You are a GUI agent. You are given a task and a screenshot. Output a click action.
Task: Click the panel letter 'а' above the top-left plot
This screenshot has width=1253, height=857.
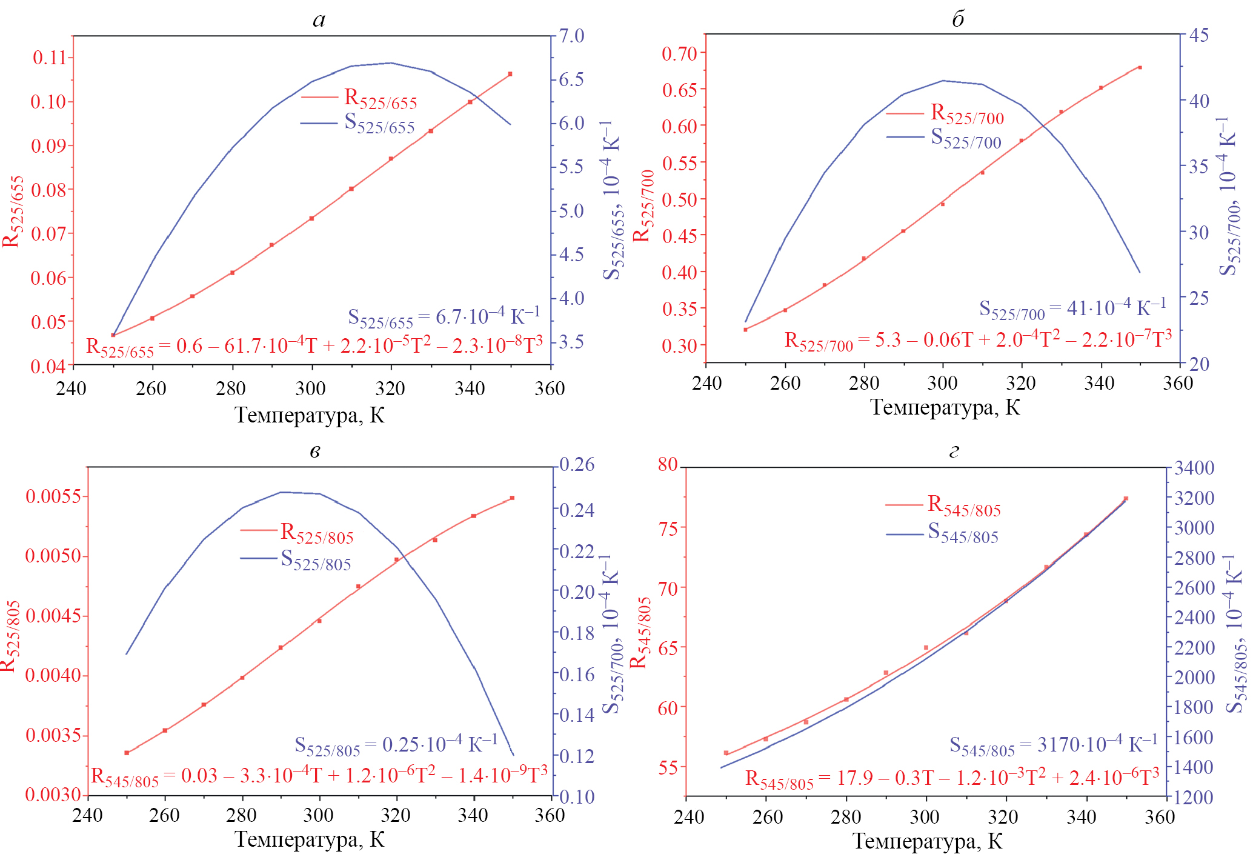(x=319, y=21)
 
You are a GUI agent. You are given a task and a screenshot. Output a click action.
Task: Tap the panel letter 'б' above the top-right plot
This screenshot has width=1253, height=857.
(x=958, y=19)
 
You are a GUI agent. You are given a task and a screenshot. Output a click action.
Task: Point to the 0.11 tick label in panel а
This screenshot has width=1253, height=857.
(x=49, y=58)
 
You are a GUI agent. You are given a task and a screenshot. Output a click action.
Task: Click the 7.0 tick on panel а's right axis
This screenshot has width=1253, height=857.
(x=571, y=36)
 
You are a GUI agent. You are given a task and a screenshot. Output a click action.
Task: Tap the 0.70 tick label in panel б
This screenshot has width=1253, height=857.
(x=679, y=53)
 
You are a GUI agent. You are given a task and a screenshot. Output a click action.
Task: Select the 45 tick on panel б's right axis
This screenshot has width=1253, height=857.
(x=1198, y=35)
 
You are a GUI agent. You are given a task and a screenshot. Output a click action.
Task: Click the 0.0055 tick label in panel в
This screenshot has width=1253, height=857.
(x=53, y=496)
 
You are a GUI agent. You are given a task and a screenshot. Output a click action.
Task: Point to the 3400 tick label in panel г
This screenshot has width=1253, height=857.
(x=1194, y=468)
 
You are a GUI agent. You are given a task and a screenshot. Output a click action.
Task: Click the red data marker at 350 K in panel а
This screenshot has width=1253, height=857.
(x=510, y=74)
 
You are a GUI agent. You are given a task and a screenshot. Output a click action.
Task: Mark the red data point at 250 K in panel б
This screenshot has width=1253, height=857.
(x=745, y=330)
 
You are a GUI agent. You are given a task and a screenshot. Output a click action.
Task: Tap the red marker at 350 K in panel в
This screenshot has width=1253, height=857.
(x=512, y=498)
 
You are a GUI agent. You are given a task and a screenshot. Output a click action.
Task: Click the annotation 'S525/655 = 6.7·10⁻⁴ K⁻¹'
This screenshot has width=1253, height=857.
(x=444, y=316)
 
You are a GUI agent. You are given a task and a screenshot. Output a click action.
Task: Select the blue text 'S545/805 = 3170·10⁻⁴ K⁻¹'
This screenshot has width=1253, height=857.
(x=1053, y=744)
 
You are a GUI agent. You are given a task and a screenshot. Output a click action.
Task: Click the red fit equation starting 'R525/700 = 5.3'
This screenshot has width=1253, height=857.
(x=977, y=340)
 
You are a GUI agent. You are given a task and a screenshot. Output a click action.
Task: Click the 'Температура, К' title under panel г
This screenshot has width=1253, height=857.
(x=927, y=841)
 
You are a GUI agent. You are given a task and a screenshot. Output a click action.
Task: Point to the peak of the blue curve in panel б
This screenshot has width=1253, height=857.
(x=943, y=81)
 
